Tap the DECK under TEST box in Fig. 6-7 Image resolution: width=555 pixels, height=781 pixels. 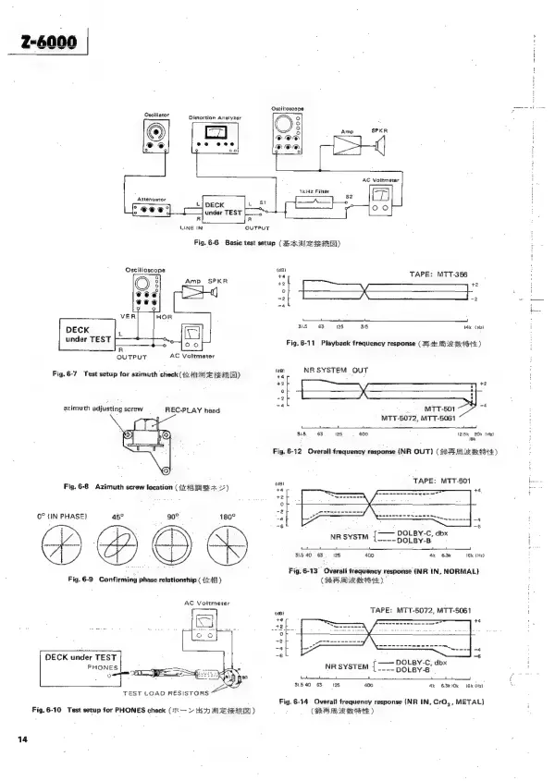point(86,333)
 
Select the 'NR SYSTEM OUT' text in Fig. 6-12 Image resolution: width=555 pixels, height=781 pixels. point(337,370)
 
